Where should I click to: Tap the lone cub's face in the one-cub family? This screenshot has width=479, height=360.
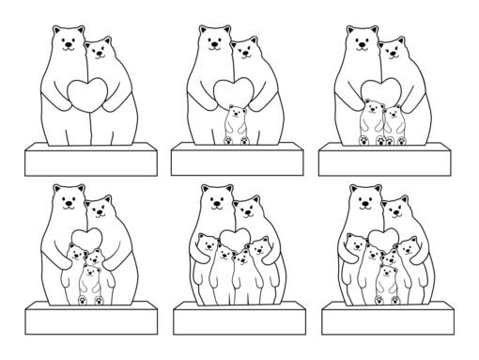tap(235, 117)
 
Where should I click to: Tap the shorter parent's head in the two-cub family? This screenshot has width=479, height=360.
tap(395, 51)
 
